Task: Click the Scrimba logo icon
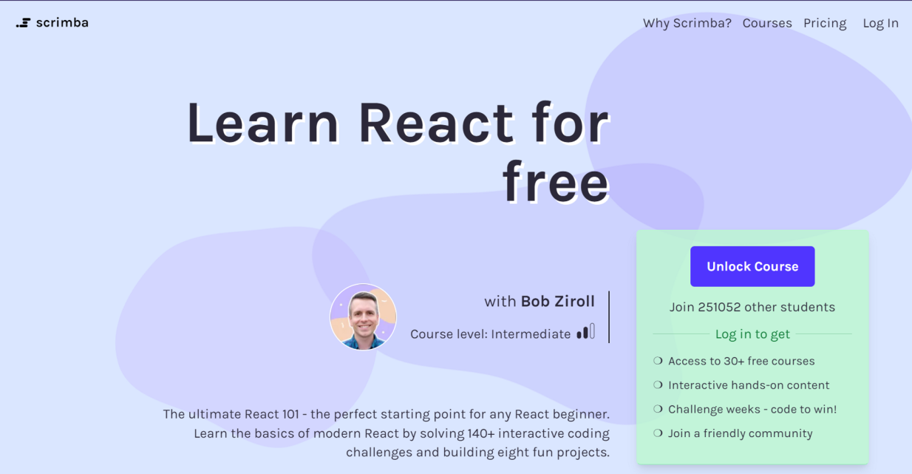click(23, 23)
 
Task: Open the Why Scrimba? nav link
click(687, 23)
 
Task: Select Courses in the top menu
click(766, 23)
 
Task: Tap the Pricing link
click(825, 23)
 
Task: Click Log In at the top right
click(880, 23)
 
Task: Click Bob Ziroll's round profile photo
click(363, 316)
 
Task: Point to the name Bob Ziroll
click(557, 301)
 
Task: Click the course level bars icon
click(585, 332)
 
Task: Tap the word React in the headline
click(436, 123)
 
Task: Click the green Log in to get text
click(752, 334)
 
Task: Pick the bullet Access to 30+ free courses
click(741, 361)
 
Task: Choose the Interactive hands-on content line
click(748, 385)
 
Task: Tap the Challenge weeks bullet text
click(752, 409)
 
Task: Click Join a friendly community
click(740, 433)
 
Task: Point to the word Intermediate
click(531, 334)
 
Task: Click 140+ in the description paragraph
click(482, 433)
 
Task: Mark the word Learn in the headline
click(262, 123)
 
